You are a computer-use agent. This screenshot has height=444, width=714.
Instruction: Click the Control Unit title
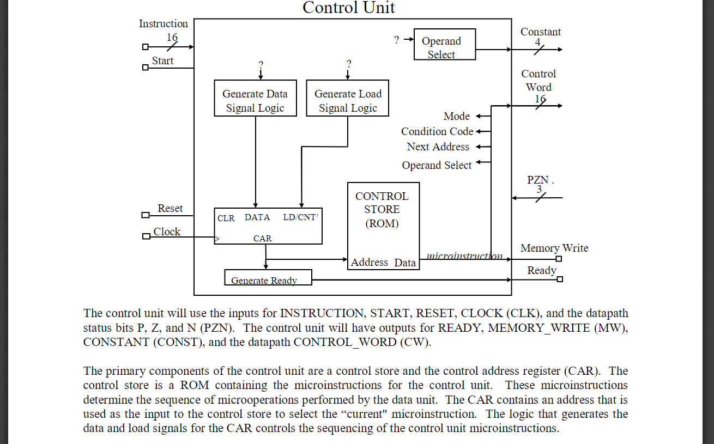pyautogui.click(x=349, y=8)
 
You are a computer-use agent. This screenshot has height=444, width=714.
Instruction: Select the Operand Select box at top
pyautogui.click(x=444, y=45)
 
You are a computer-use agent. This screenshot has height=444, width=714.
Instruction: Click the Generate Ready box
pyautogui.click(x=268, y=278)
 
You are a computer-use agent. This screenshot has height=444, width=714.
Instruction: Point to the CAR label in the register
pyautogui.click(x=262, y=239)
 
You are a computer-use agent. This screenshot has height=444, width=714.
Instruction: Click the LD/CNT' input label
pyautogui.click(x=300, y=217)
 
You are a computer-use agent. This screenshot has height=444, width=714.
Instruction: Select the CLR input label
pyautogui.click(x=226, y=218)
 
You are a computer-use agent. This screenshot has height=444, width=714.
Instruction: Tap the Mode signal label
pyautogui.click(x=457, y=116)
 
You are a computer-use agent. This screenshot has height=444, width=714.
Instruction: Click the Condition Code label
pyautogui.click(x=437, y=131)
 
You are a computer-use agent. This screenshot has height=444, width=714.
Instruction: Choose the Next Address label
pyautogui.click(x=438, y=147)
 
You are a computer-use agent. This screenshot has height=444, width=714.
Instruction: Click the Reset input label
pyautogui.click(x=170, y=209)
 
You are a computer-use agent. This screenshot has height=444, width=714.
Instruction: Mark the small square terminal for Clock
pyautogui.click(x=146, y=236)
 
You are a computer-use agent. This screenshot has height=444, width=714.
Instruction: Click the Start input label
pyautogui.click(x=162, y=61)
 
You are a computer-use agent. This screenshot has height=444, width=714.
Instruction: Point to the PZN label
pyautogui.click(x=538, y=180)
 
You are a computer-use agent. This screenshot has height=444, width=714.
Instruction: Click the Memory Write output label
pyautogui.click(x=554, y=248)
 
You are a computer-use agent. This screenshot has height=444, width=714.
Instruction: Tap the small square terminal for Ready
pyautogui.click(x=559, y=279)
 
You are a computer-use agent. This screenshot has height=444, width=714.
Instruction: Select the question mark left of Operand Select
pyautogui.click(x=397, y=40)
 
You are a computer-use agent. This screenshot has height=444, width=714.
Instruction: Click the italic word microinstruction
pyautogui.click(x=464, y=256)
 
